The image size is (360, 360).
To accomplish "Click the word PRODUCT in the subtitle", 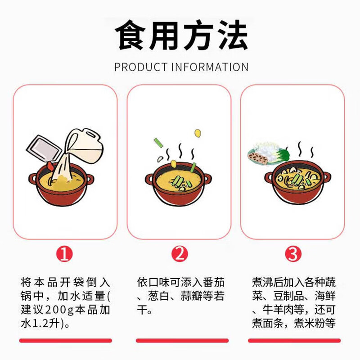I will pos(140,67).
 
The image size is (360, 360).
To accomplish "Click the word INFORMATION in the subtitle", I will pos(209,67).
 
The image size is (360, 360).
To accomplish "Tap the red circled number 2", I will pos(180,255).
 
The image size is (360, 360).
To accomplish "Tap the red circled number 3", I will pos(294,255).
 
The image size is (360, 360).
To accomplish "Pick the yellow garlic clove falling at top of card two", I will pos(197,133).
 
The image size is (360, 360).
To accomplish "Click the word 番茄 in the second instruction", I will pos(215,283).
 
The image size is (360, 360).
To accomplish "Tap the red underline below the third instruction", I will pos(295,341).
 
